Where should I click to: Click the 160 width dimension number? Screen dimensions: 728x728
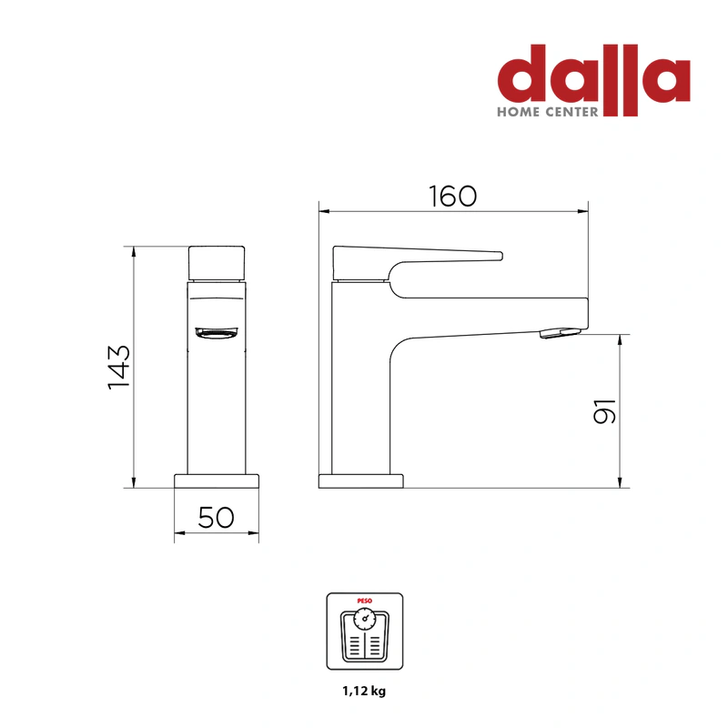pos(452,196)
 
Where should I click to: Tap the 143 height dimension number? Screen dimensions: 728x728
pos(119,367)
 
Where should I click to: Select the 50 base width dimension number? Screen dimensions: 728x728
pos(216,517)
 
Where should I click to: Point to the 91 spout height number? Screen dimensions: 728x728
pos(604,411)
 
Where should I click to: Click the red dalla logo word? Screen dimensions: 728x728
pos(594,75)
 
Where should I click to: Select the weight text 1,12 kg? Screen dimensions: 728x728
pos(365,691)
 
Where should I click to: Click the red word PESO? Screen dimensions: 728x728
pos(365,601)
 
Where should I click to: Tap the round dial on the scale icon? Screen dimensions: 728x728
pos(365,619)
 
